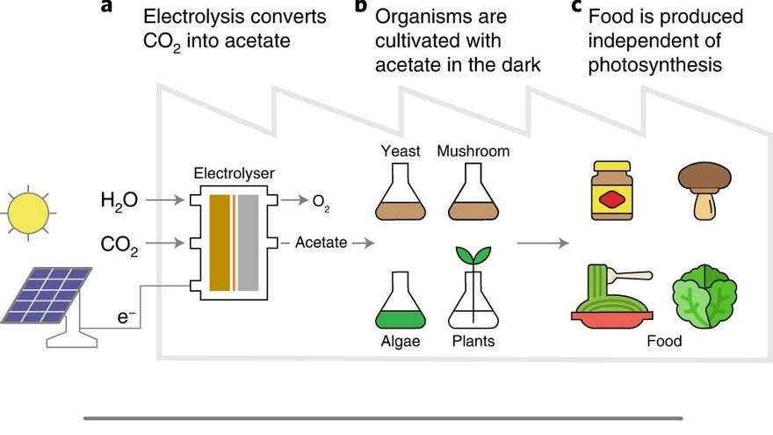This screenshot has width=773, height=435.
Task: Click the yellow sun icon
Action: point(29,213)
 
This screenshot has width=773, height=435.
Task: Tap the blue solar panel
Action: point(47,295)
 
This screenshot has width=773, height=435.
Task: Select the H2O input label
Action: point(119,200)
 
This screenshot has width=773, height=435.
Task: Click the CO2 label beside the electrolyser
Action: point(119,244)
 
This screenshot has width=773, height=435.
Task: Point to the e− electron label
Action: point(126,317)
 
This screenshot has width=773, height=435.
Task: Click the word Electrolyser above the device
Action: point(234,174)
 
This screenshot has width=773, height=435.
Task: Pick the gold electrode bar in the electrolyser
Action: point(220,243)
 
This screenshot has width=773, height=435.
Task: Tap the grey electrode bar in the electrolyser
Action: point(249,243)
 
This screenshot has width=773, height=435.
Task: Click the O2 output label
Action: point(321,202)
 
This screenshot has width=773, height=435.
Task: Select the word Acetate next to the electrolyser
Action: point(321,243)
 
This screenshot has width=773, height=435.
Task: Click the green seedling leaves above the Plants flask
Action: point(473,255)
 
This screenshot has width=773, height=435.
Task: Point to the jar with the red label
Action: point(611,191)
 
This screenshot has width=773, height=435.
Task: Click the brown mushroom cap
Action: point(704,177)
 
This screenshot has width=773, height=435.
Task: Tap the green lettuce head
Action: point(705,296)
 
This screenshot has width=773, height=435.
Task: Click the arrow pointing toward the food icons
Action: point(543,243)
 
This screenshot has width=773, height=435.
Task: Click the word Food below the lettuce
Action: point(664,341)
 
